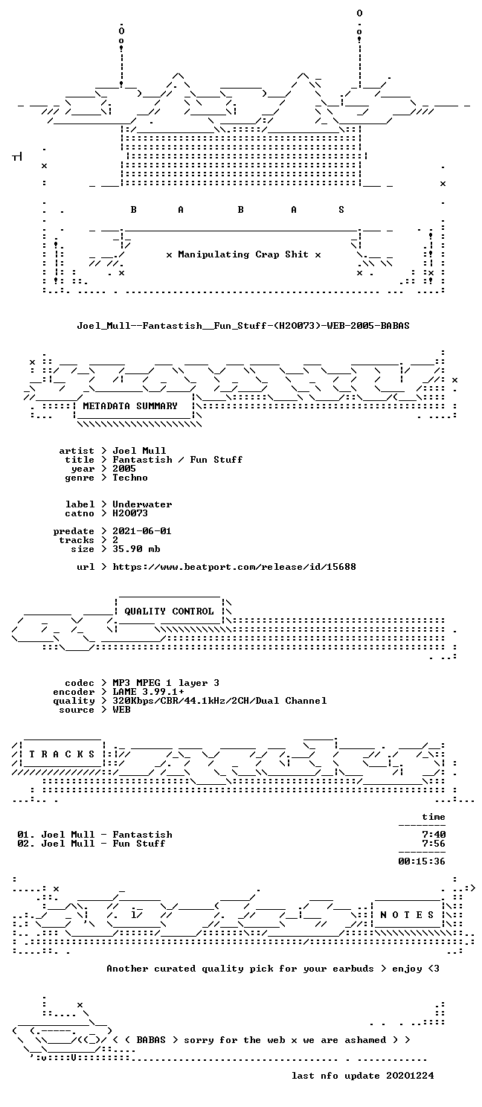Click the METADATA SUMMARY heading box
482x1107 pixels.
(x=133, y=406)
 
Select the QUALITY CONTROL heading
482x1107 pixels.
(x=169, y=612)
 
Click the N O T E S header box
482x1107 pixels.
(x=407, y=915)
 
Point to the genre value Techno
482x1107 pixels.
(x=130, y=478)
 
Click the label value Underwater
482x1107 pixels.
(x=142, y=504)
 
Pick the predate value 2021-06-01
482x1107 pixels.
(x=142, y=531)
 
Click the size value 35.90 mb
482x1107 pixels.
(x=136, y=549)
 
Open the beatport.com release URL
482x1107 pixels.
(x=234, y=567)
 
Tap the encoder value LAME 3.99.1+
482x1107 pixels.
(x=148, y=692)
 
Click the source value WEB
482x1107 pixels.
(x=121, y=710)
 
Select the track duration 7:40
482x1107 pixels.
(x=434, y=835)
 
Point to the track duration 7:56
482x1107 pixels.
(x=434, y=844)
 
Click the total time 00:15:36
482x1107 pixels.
(x=422, y=861)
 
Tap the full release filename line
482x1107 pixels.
(x=243, y=326)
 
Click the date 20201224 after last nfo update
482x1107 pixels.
(x=411, y=1076)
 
